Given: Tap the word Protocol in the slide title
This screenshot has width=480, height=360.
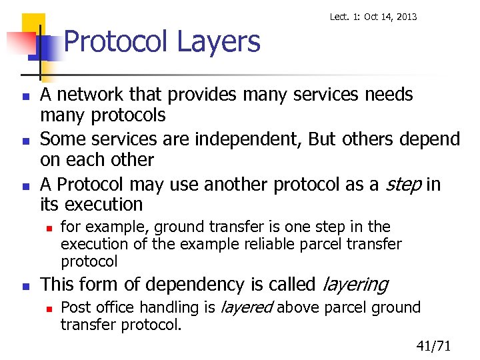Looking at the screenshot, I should pyautogui.click(x=116, y=42).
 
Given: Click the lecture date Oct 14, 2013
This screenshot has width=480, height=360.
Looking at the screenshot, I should pyautogui.click(x=389, y=16).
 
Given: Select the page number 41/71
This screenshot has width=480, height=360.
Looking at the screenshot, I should pyautogui.click(x=434, y=345).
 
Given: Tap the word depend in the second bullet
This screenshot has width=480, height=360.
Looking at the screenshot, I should pyautogui.click(x=427, y=139).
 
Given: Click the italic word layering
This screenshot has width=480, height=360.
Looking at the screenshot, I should pyautogui.click(x=354, y=285).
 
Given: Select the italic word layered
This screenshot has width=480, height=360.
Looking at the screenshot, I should pyautogui.click(x=246, y=307).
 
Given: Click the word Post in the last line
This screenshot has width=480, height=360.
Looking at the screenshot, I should pyautogui.click(x=73, y=307).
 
